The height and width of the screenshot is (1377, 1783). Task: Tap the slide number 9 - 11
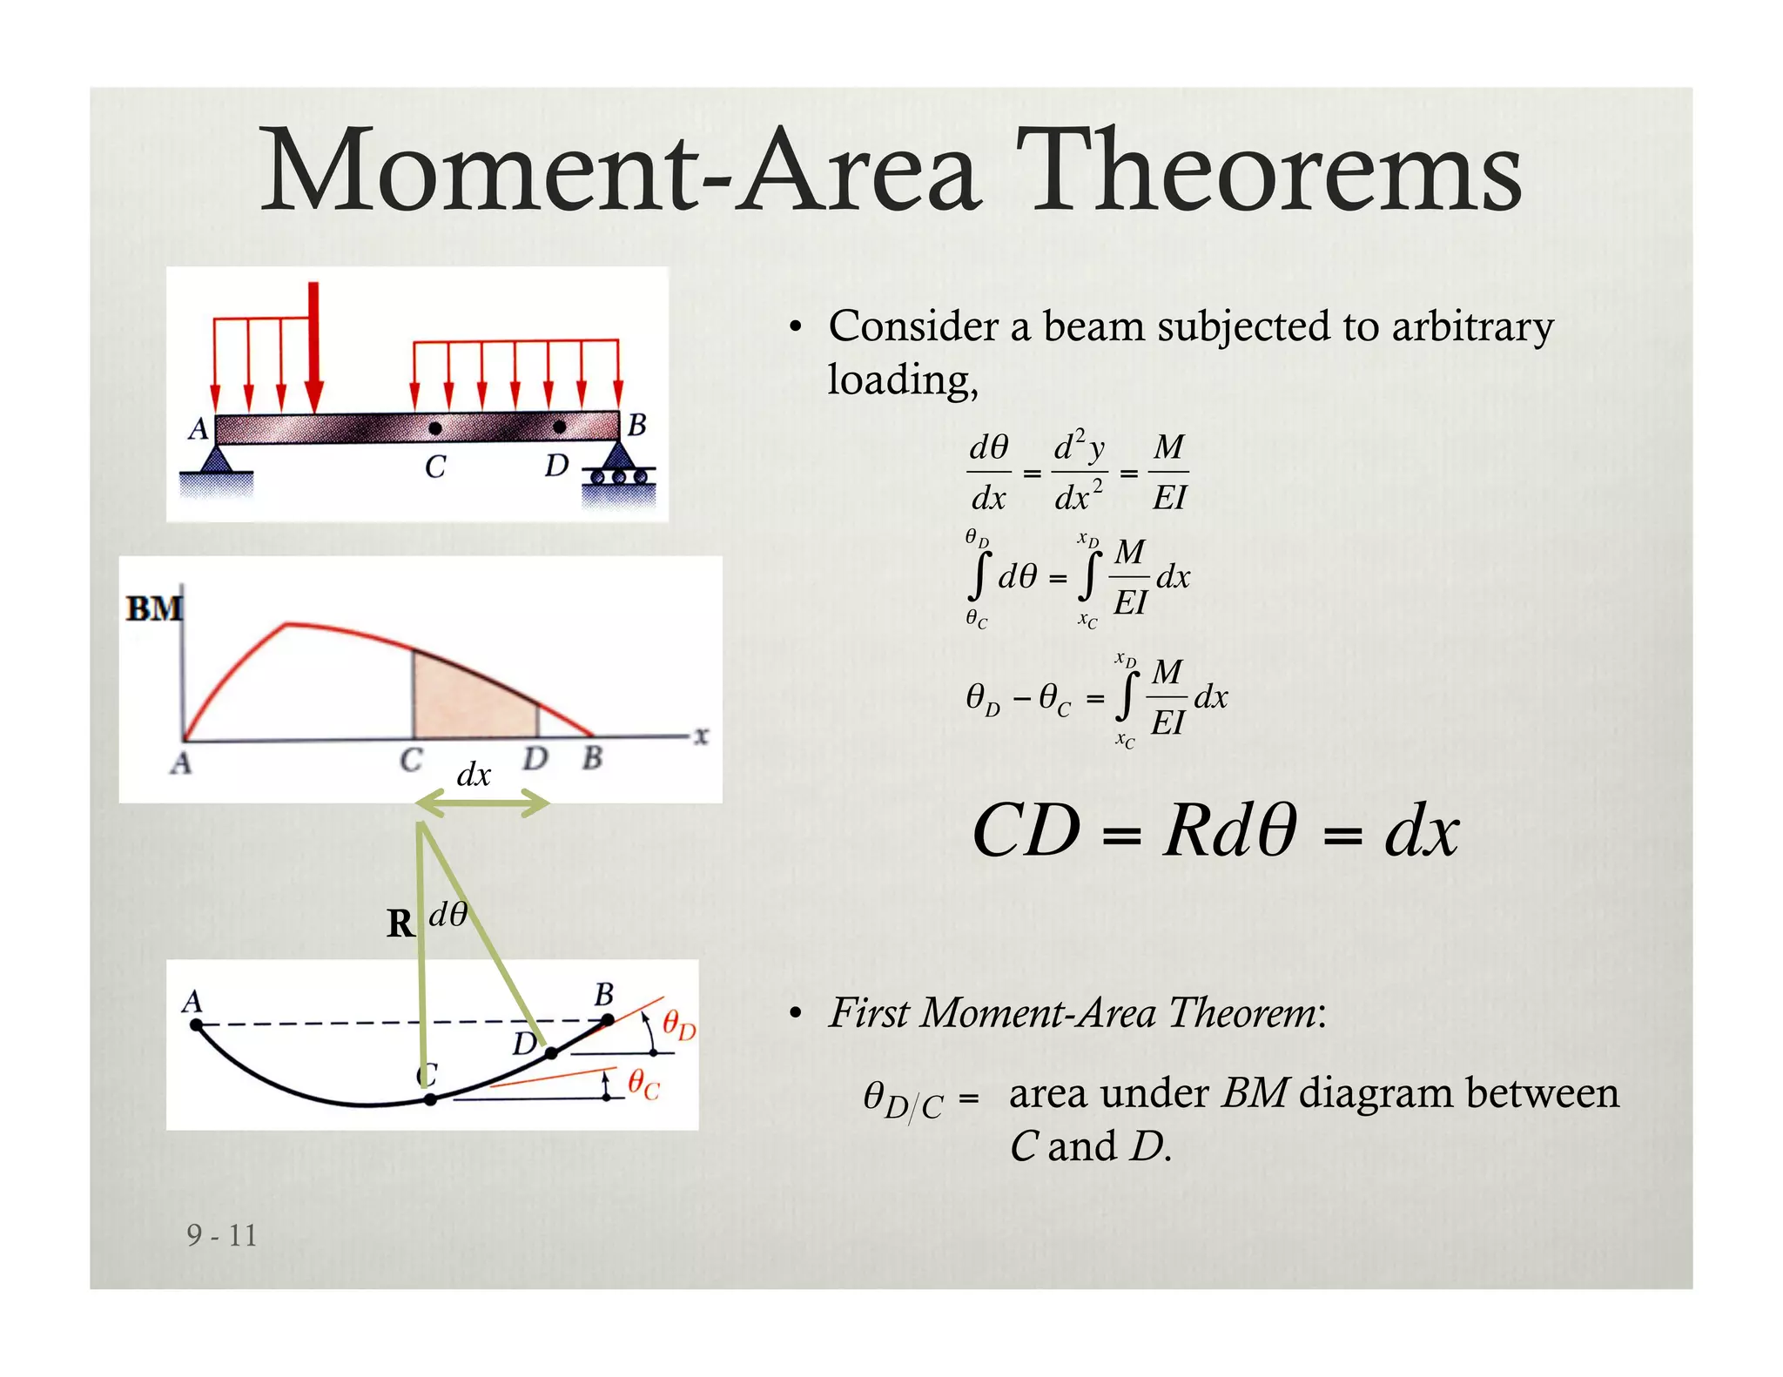(222, 1235)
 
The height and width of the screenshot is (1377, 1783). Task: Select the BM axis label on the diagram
(154, 608)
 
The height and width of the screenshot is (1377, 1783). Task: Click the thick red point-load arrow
(314, 347)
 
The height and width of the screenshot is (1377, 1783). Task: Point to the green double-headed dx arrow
(482, 805)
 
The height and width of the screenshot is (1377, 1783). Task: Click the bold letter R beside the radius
(400, 924)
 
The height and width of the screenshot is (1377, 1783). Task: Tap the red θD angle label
(679, 1024)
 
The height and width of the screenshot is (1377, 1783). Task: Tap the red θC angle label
(644, 1085)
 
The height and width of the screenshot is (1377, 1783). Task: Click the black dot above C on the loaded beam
(434, 428)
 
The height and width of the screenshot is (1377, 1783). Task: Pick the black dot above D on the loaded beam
(559, 427)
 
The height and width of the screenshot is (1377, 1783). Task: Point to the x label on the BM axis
(701, 736)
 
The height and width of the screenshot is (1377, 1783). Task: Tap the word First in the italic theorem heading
(870, 1012)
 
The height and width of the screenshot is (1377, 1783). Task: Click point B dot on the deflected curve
(608, 1019)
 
